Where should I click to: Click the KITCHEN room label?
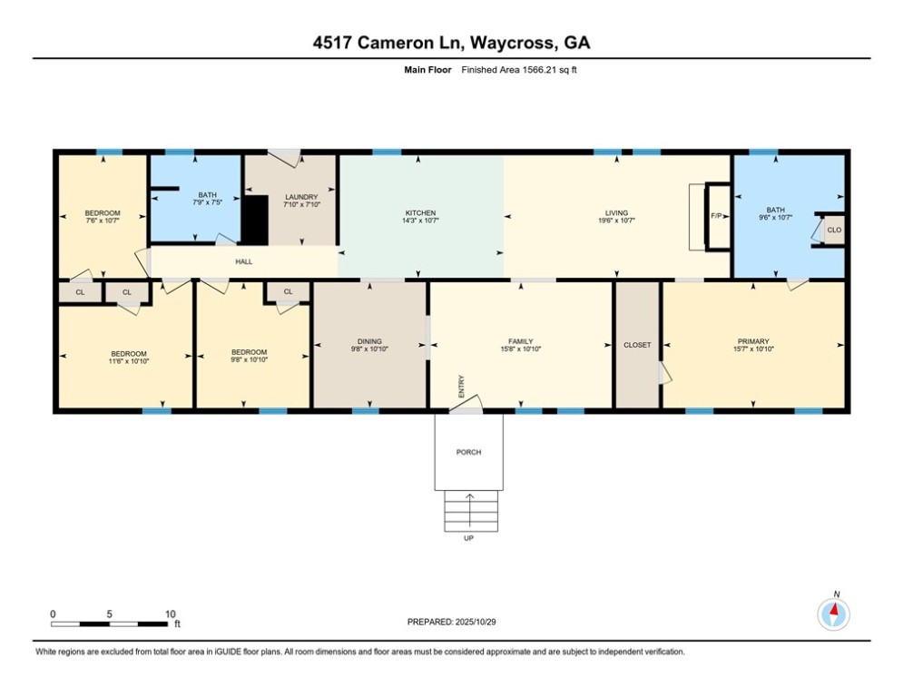[420, 213]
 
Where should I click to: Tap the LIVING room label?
[616, 213]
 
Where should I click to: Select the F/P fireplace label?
[716, 216]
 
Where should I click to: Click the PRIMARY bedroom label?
[752, 341]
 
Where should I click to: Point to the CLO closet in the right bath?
[834, 231]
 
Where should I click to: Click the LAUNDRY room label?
[300, 197]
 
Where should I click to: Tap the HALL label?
[243, 261]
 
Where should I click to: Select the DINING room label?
[369, 341]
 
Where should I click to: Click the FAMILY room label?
[521, 341]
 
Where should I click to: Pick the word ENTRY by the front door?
[461, 388]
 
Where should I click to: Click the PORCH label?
[468, 452]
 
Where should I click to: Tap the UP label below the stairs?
[468, 538]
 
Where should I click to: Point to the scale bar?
[111, 623]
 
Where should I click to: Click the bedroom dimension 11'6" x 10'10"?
[128, 360]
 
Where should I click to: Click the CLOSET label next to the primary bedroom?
[637, 345]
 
